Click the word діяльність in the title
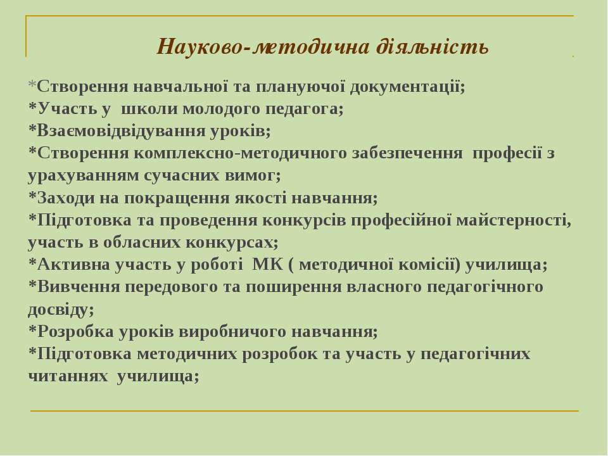pos(431,47)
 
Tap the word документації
pos(407,87)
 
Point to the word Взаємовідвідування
pos(121,132)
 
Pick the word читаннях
pos(68,376)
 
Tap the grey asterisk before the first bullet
pos(32,85)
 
